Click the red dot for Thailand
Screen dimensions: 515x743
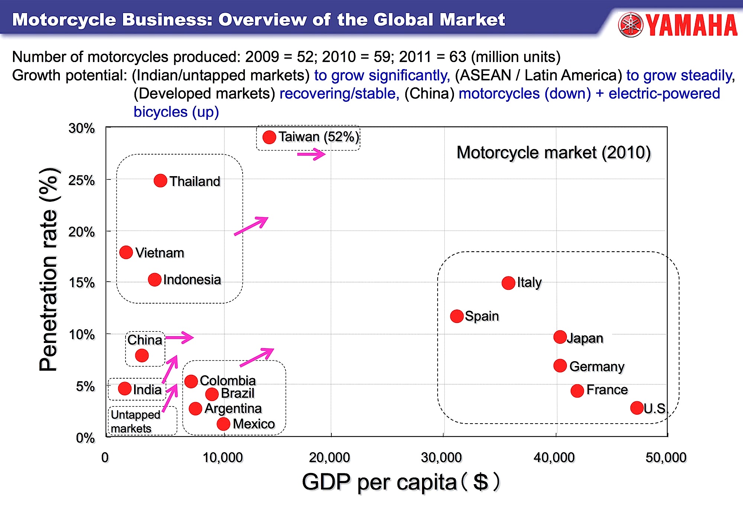tap(160, 181)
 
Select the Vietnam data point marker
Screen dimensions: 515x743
tap(126, 252)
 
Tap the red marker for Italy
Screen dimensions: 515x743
tap(508, 283)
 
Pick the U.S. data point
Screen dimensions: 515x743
tap(637, 408)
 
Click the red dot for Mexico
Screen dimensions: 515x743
tap(223, 424)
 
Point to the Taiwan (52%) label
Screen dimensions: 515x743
tap(319, 137)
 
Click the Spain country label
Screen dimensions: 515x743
tap(481, 316)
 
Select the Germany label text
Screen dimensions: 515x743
tap(597, 366)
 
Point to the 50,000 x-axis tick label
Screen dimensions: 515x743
tap(666, 457)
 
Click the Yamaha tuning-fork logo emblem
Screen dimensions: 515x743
tap(630, 25)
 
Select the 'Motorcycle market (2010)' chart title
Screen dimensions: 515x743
tap(553, 152)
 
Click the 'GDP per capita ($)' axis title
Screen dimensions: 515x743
tap(400, 482)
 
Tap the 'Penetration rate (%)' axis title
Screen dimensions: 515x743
tap(49, 269)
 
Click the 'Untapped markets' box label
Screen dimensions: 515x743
tap(135, 421)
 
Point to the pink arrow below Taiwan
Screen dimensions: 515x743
tap(311, 154)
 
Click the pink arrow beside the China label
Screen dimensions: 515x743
tap(179, 337)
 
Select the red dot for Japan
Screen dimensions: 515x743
tap(560, 337)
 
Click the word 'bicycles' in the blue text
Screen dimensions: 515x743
tap(160, 112)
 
